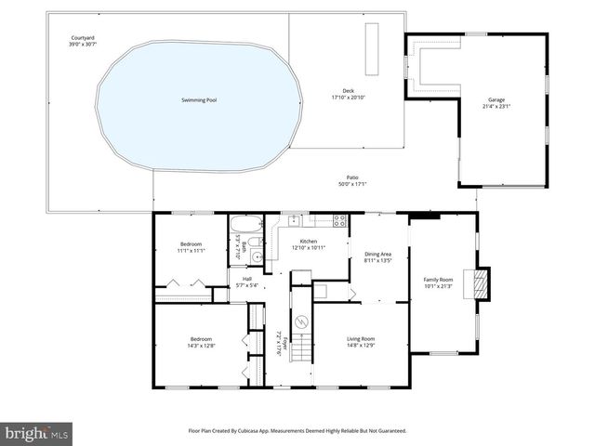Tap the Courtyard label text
[x=83, y=38]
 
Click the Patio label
[x=352, y=177]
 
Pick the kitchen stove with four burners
[x=339, y=220]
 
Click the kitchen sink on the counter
[x=293, y=220]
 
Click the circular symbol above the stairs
[x=300, y=321]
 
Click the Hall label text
[x=246, y=280]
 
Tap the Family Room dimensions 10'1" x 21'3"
[x=439, y=286]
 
